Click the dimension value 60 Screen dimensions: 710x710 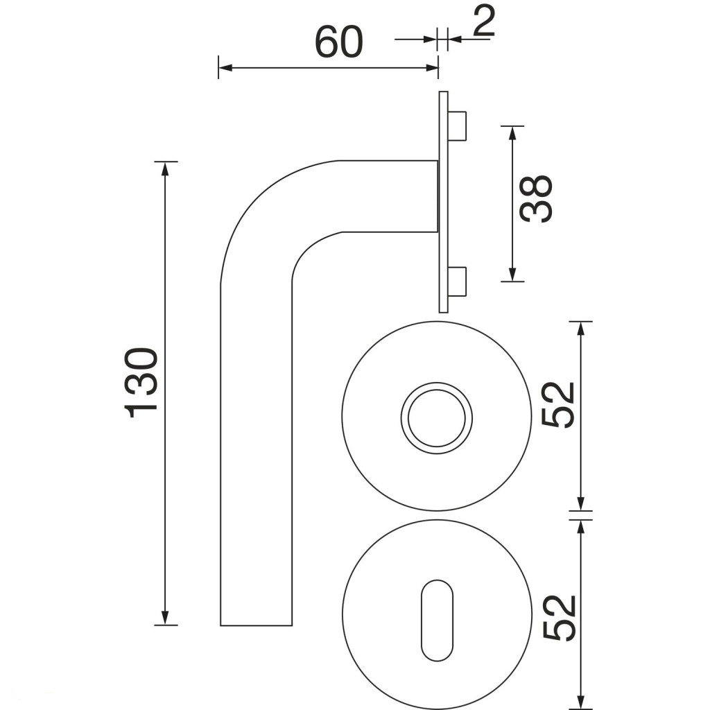tap(338, 42)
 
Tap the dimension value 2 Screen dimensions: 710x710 tap(483, 21)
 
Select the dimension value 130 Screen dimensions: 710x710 tap(141, 383)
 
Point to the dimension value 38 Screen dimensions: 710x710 tap(536, 198)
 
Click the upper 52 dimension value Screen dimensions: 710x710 tap(558, 404)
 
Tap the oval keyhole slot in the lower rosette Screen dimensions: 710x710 tap(437, 620)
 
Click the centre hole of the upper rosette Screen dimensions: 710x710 tap(437, 418)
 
